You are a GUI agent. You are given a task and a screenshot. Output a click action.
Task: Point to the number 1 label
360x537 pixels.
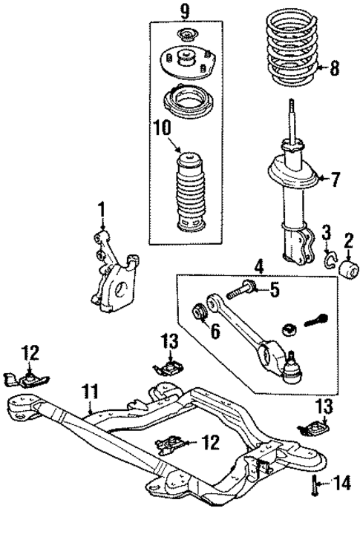102,209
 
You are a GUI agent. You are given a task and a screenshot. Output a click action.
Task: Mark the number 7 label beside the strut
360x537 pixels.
335,179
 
